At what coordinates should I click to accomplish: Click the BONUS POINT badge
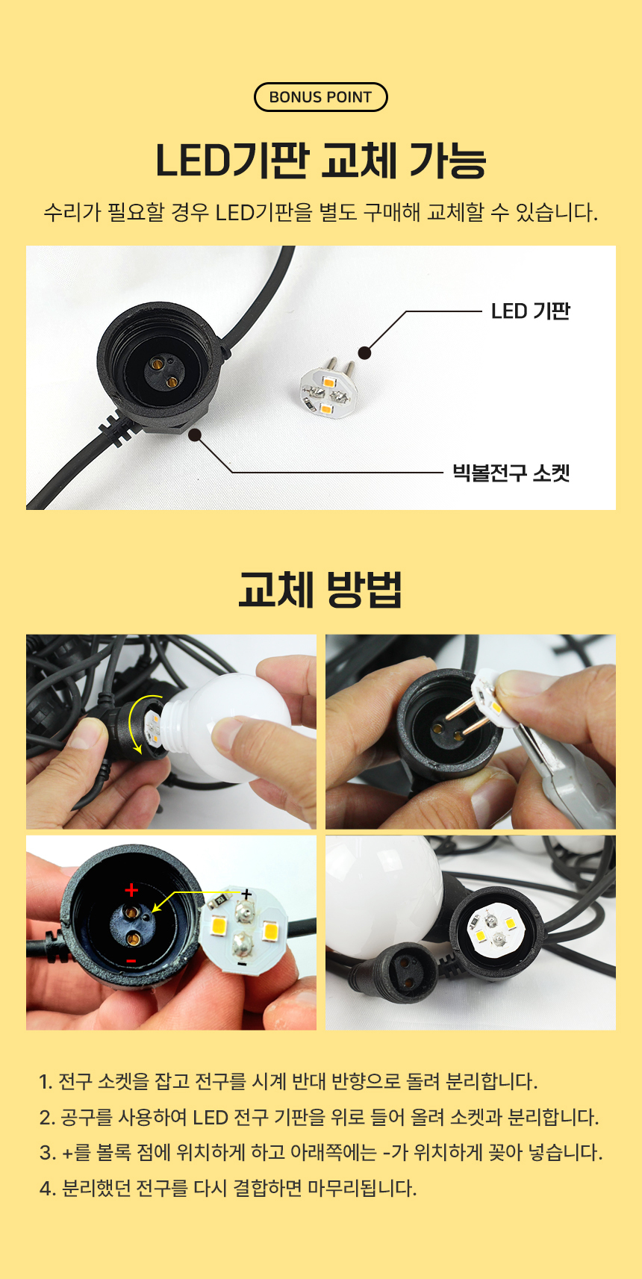tap(321, 97)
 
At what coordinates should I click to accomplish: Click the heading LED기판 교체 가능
tap(321, 161)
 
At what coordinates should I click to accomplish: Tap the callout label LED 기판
tap(531, 312)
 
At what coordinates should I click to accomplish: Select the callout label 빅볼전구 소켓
tap(511, 473)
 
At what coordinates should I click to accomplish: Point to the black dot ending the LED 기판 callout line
tap(364, 353)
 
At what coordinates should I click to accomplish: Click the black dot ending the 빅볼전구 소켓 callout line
tap(195, 435)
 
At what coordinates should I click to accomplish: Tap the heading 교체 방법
tap(321, 589)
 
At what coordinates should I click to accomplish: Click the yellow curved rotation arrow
tap(133, 723)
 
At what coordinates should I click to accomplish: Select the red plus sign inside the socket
tap(131, 889)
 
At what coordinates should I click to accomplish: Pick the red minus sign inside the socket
tap(131, 962)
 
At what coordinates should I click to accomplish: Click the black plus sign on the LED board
tap(246, 894)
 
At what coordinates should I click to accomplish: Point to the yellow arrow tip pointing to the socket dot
tap(154, 912)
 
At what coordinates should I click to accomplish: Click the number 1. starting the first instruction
tap(46, 1081)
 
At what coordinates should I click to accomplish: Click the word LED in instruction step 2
tap(211, 1118)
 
